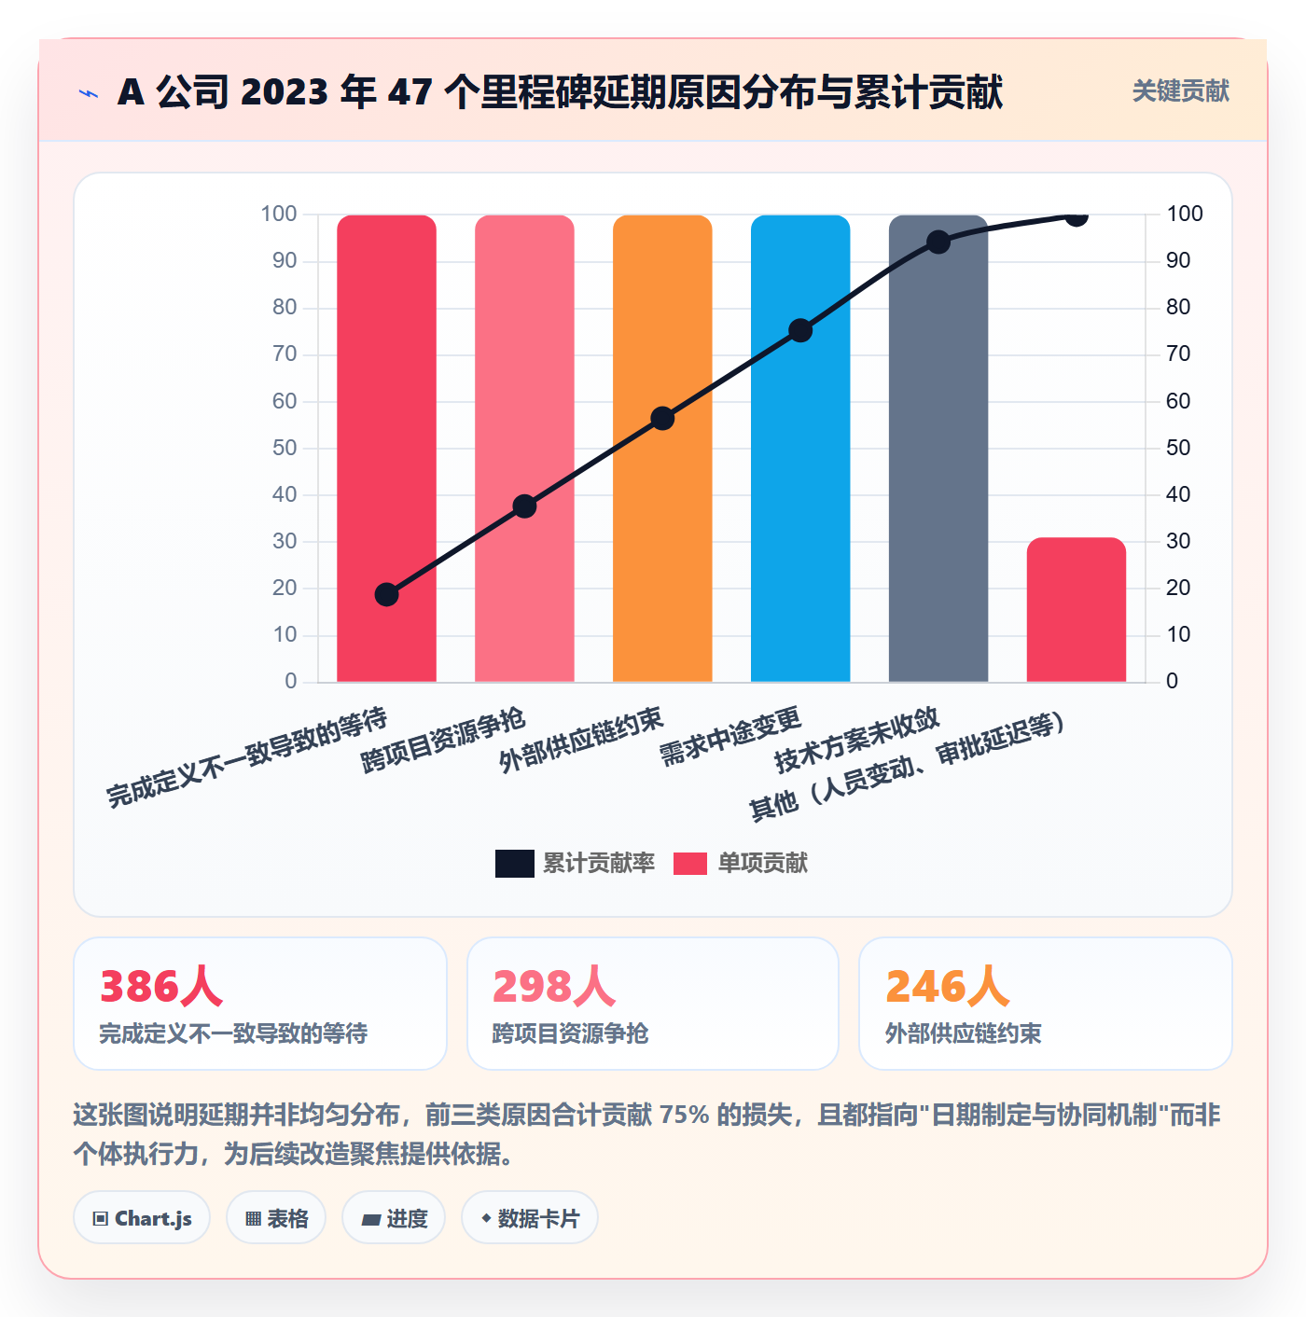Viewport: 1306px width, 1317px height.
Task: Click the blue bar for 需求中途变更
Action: [800, 449]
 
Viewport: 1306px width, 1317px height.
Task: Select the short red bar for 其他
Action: [1076, 610]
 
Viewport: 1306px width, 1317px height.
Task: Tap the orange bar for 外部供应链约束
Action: [662, 449]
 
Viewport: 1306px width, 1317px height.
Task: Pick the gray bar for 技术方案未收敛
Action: [938, 449]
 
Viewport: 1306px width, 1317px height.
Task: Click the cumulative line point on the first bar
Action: [386, 594]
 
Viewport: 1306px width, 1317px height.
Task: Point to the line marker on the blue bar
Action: [800, 331]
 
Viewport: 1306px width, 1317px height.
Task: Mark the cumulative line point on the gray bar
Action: [938, 242]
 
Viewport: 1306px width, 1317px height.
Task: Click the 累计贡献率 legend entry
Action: [575, 863]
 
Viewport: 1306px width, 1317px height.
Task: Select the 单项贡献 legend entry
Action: [741, 863]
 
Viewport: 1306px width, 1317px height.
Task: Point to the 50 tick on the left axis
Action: [285, 448]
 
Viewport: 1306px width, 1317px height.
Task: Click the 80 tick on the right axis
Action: [1178, 307]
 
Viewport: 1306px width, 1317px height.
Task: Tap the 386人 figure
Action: [161, 986]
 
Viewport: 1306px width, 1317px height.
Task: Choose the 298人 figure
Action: [554, 986]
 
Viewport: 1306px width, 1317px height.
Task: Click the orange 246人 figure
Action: [947, 986]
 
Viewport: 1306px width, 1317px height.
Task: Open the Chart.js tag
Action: [142, 1218]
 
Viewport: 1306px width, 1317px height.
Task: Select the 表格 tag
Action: [276, 1218]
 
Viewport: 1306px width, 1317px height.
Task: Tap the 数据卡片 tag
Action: [530, 1218]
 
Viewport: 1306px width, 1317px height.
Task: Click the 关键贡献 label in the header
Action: [1181, 90]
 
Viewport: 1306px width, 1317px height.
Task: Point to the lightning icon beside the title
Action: [89, 93]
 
